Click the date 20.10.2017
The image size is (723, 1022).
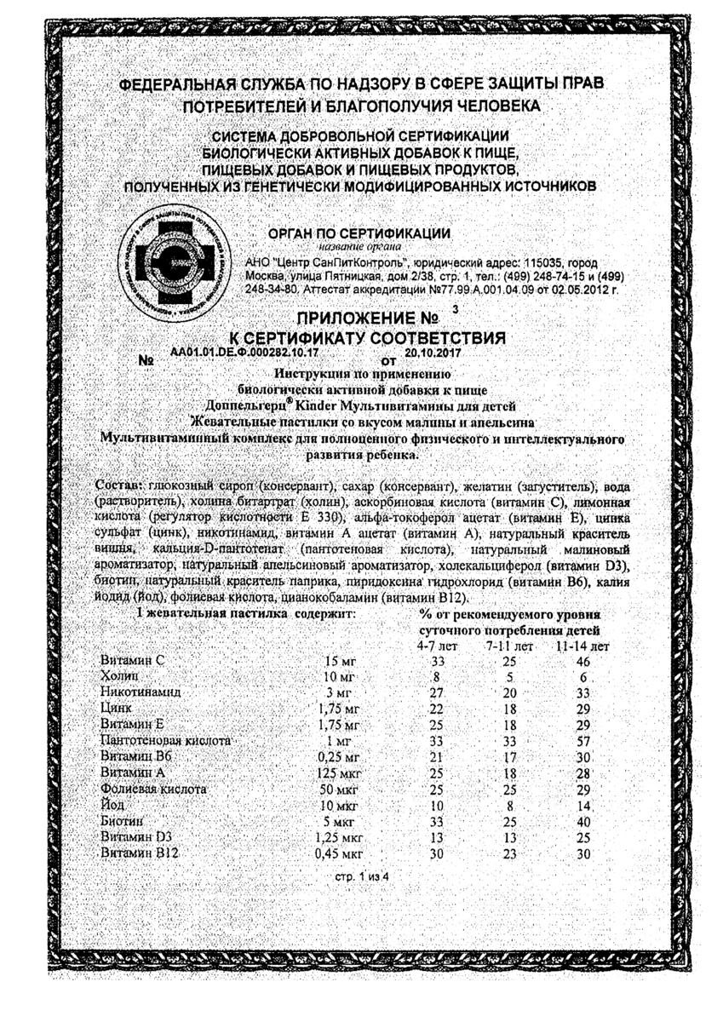[433, 351]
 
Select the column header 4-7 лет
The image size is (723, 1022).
[437, 646]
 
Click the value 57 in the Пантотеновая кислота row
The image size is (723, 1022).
[583, 742]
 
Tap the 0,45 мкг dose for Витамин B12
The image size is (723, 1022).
[340, 854]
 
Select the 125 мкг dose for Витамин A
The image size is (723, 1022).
[340, 773]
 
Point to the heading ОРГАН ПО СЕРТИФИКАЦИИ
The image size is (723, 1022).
[359, 233]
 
